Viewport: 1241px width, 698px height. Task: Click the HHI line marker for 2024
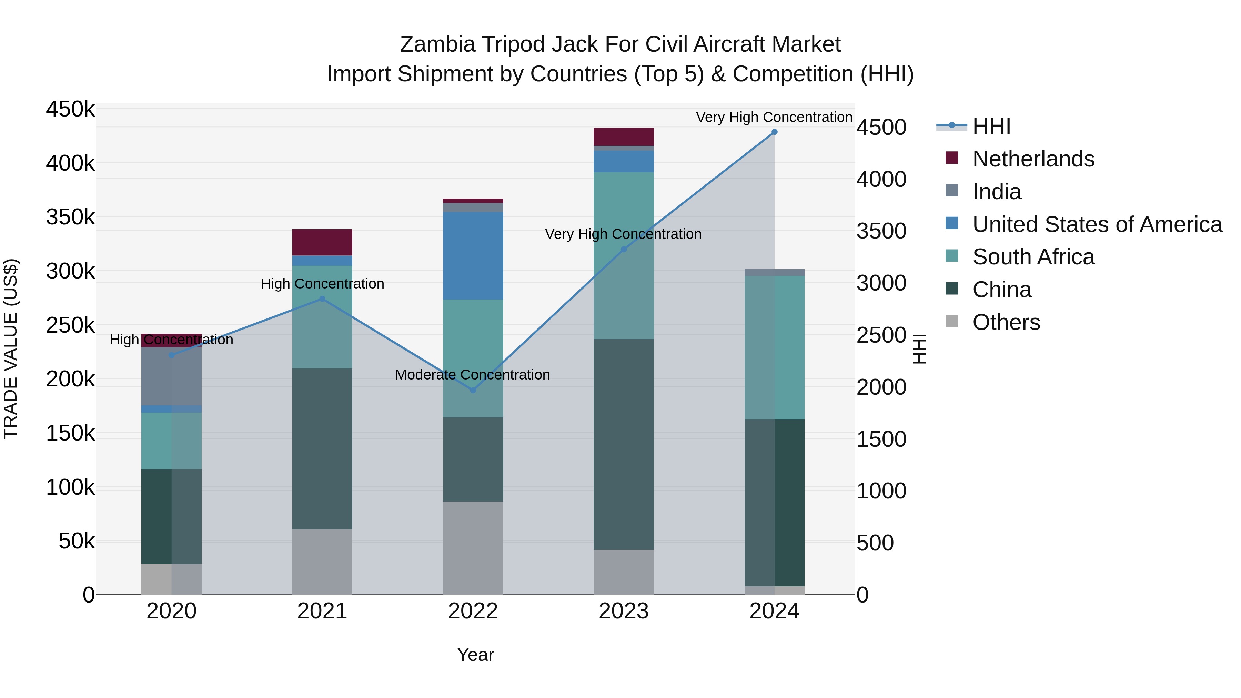(x=774, y=132)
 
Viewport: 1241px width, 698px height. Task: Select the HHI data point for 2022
(x=473, y=390)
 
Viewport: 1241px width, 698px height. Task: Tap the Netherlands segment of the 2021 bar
(x=322, y=242)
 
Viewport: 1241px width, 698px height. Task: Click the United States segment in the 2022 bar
(x=473, y=255)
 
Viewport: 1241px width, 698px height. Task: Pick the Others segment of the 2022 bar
(x=473, y=548)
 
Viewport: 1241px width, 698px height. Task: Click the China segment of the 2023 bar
(x=623, y=444)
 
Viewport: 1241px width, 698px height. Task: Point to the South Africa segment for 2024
(x=774, y=347)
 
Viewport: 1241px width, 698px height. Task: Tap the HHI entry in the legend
(x=991, y=126)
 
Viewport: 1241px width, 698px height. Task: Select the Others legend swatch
(x=952, y=321)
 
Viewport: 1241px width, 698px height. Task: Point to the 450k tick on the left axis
(x=70, y=109)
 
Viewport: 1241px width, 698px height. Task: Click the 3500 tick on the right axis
(x=881, y=231)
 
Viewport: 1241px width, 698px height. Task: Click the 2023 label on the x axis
(x=623, y=611)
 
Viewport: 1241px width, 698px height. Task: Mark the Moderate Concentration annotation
(x=472, y=374)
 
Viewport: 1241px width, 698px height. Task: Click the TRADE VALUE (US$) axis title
(x=11, y=349)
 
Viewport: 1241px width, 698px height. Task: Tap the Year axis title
(x=475, y=655)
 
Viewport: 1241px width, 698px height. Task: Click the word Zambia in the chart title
(x=437, y=44)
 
